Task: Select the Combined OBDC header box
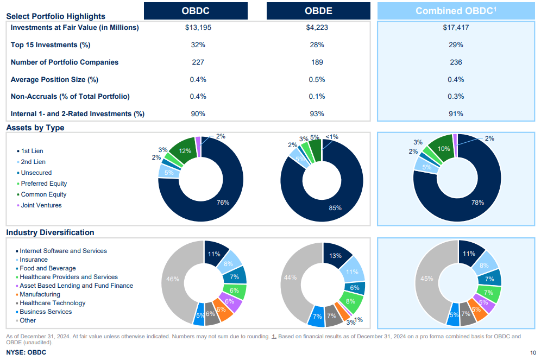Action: [456, 11]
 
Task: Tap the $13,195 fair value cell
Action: [198, 28]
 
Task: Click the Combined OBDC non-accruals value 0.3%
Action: [456, 97]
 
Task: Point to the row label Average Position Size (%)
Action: [54, 80]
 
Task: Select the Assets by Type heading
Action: [35, 128]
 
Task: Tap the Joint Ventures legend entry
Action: [41, 205]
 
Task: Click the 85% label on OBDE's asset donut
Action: [335, 208]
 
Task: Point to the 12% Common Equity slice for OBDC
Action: [185, 151]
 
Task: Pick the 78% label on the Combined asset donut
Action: [477, 203]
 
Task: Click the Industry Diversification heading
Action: [50, 232]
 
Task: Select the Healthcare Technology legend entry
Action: [52, 303]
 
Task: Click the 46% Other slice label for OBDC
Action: [173, 279]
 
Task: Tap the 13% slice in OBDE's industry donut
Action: [335, 256]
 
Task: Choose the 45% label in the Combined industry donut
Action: [427, 279]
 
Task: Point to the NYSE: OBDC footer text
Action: [26, 352]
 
